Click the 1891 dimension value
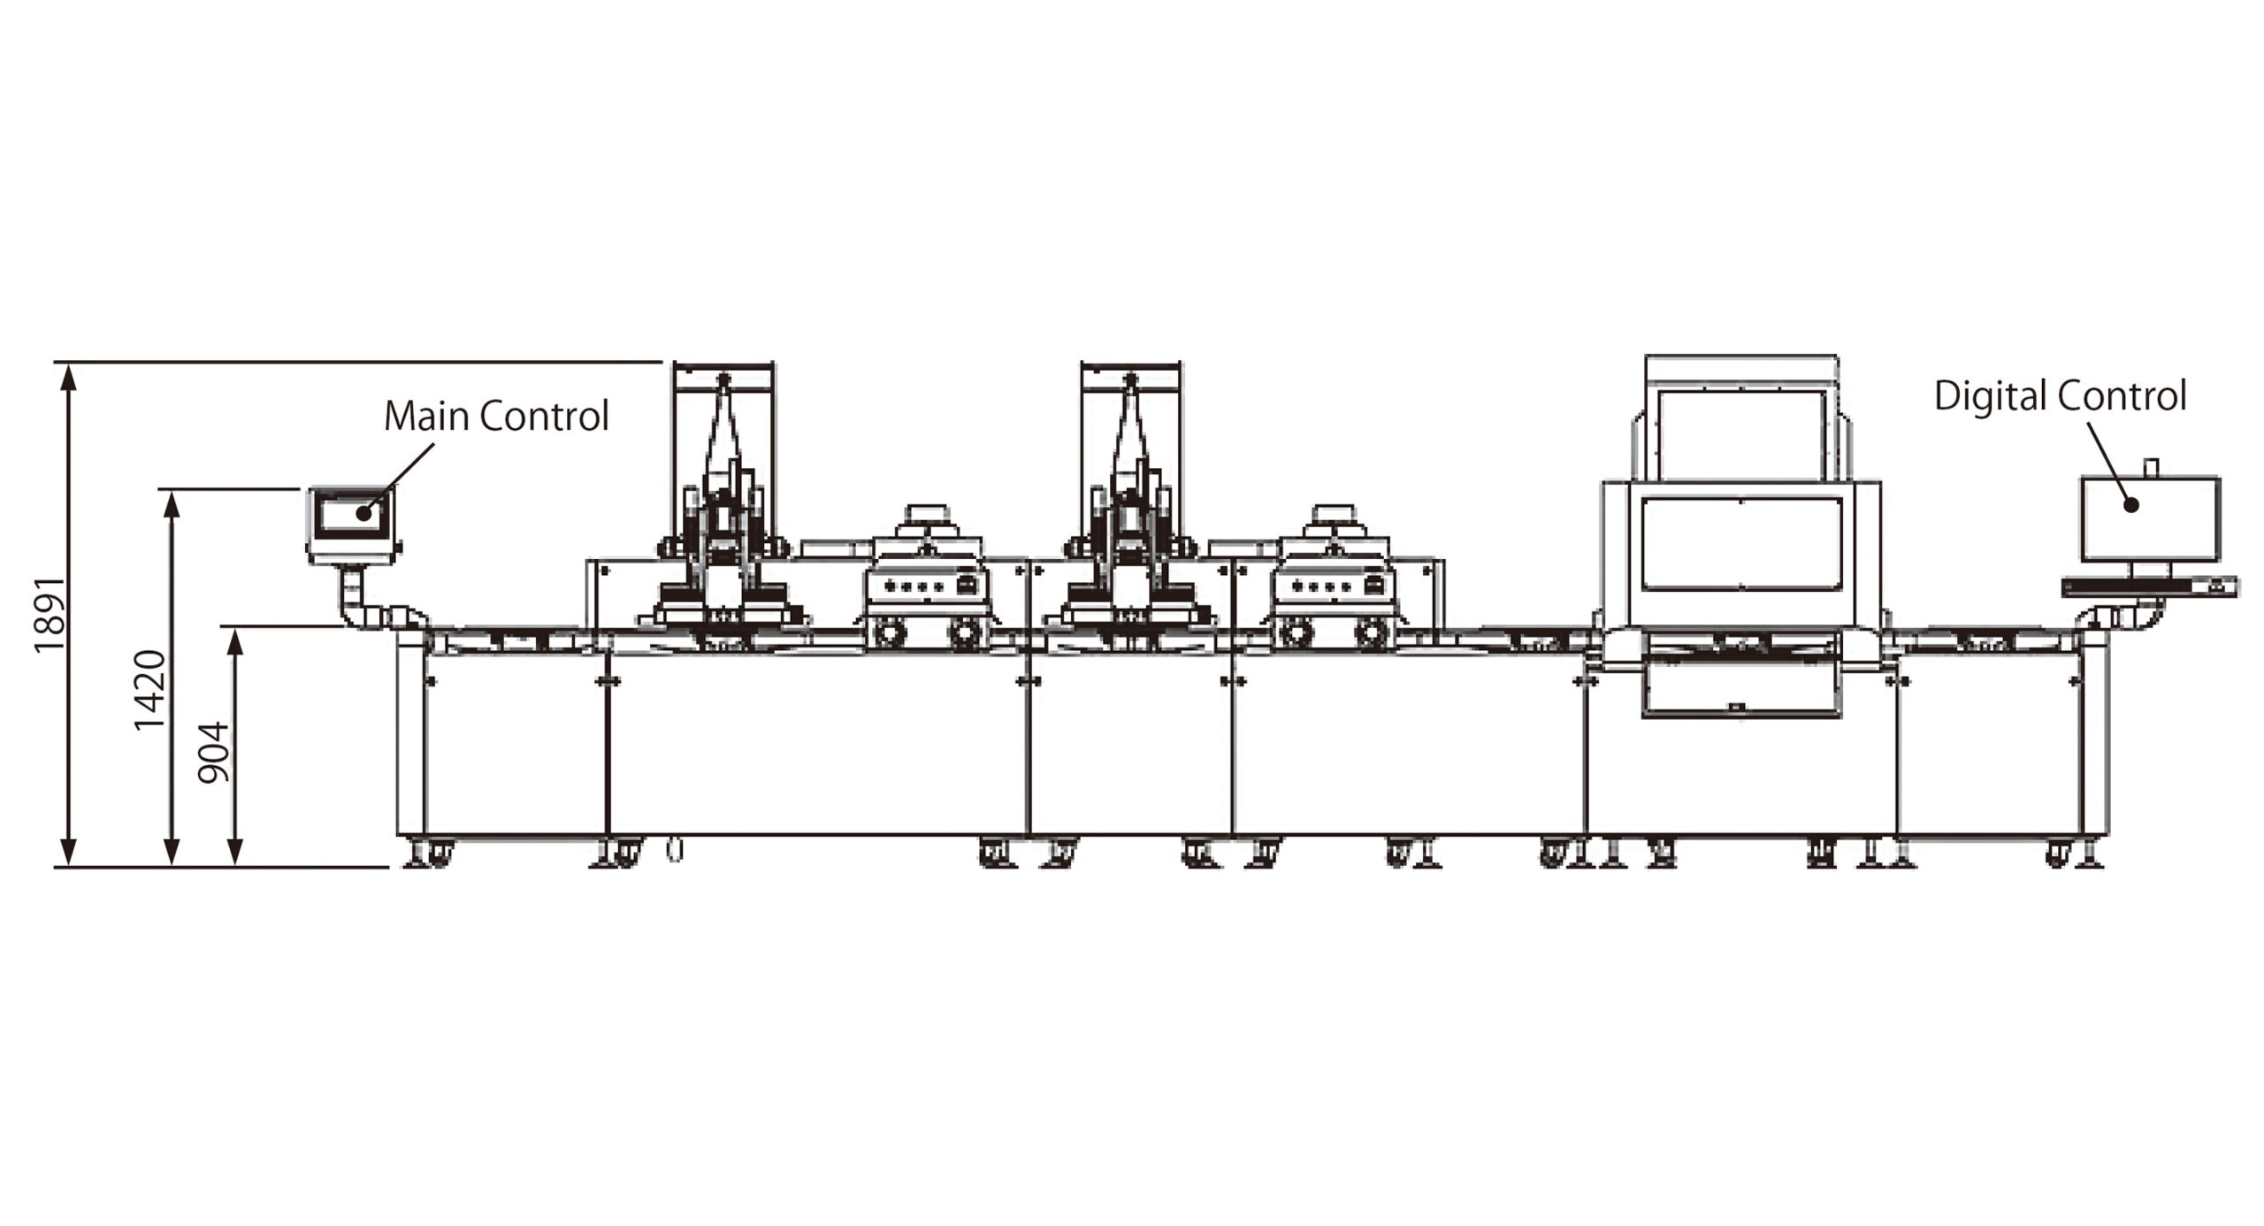pos(50,615)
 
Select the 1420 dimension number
pos(149,690)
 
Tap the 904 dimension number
pos(213,753)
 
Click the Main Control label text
pos(496,416)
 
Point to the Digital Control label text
pos(2060,395)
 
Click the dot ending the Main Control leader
pos(363,512)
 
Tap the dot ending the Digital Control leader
pos(2131,505)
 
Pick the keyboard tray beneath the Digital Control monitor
pos(2150,586)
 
